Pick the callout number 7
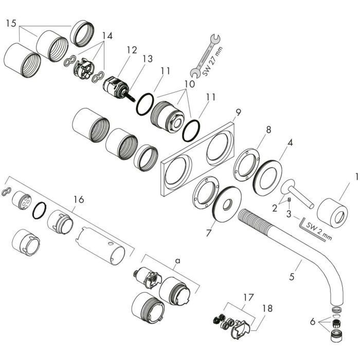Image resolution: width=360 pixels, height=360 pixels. click(x=208, y=233)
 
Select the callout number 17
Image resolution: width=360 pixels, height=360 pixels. click(x=248, y=296)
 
